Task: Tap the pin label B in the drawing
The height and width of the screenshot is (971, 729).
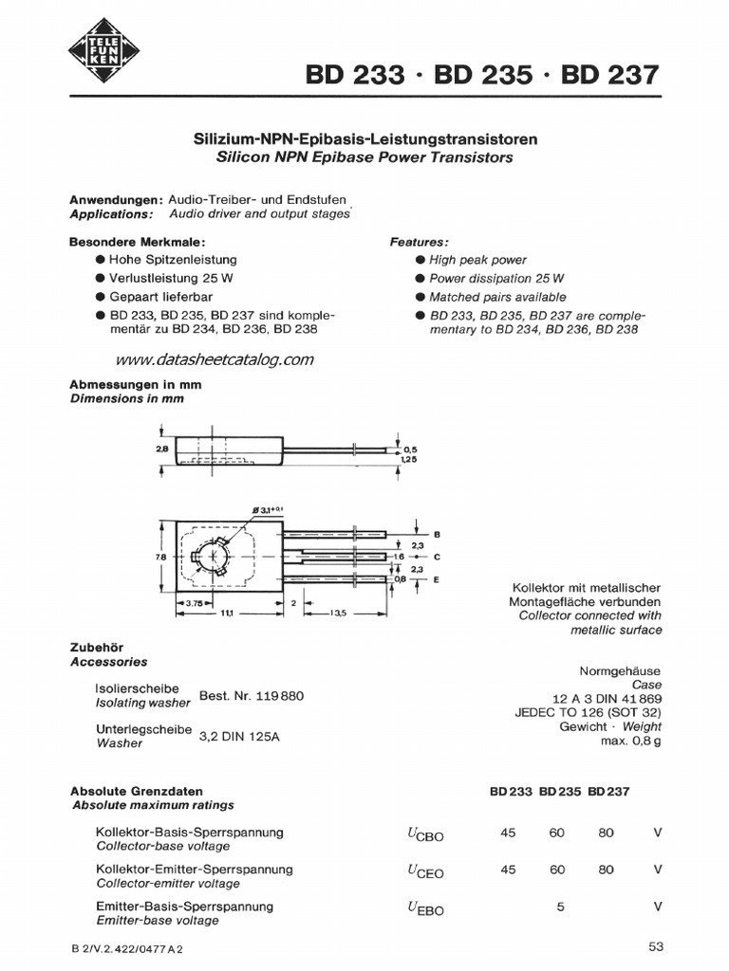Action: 437,534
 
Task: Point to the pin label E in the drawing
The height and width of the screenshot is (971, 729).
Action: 437,578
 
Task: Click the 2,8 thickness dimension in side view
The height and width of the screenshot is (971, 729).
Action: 163,449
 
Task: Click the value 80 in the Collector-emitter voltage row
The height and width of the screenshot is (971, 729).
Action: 607,869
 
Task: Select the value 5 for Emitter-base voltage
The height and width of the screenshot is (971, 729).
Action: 561,906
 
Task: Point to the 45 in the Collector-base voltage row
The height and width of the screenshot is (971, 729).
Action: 509,833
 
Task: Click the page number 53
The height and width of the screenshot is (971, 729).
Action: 657,945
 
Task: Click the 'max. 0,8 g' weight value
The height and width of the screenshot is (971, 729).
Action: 630,741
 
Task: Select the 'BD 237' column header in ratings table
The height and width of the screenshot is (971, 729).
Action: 608,791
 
